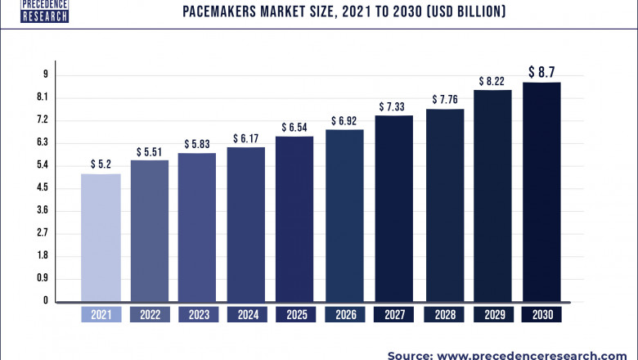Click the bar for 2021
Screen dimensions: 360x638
[x=101, y=237]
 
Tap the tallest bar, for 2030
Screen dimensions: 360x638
[x=542, y=191]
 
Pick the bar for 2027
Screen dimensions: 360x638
[x=394, y=208]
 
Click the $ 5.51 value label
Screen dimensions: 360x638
[x=151, y=151]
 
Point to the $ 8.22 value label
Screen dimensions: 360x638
[x=493, y=81]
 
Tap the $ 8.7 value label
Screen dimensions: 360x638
[x=542, y=72]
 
